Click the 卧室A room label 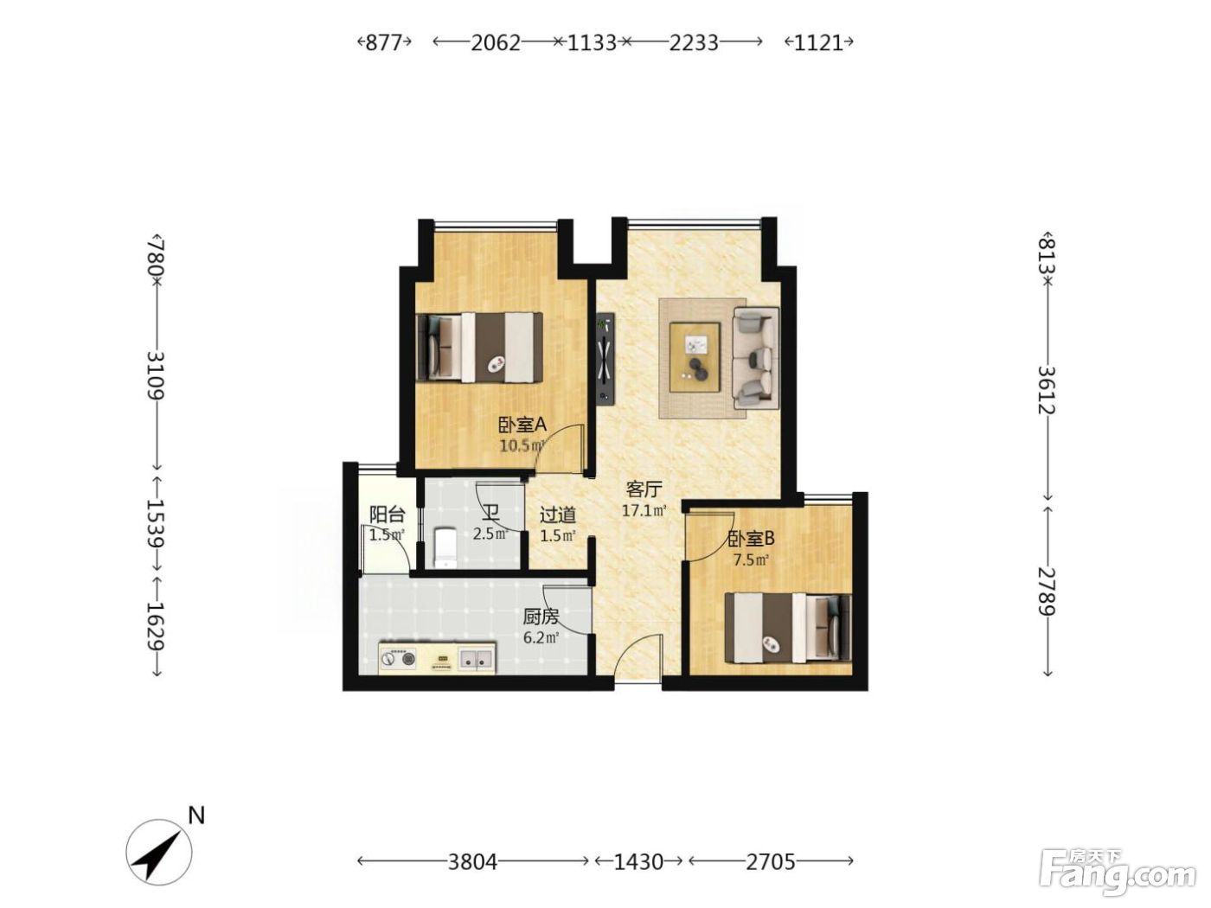coord(522,425)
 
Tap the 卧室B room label coord(751,538)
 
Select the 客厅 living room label coord(644,489)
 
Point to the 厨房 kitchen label coord(541,616)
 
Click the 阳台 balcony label coord(387,515)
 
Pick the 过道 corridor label coord(558,515)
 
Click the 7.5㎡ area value coord(751,560)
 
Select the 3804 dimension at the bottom coord(472,861)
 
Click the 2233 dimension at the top coord(694,42)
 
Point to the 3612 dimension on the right coord(1046,390)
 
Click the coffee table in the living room coord(694,358)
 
